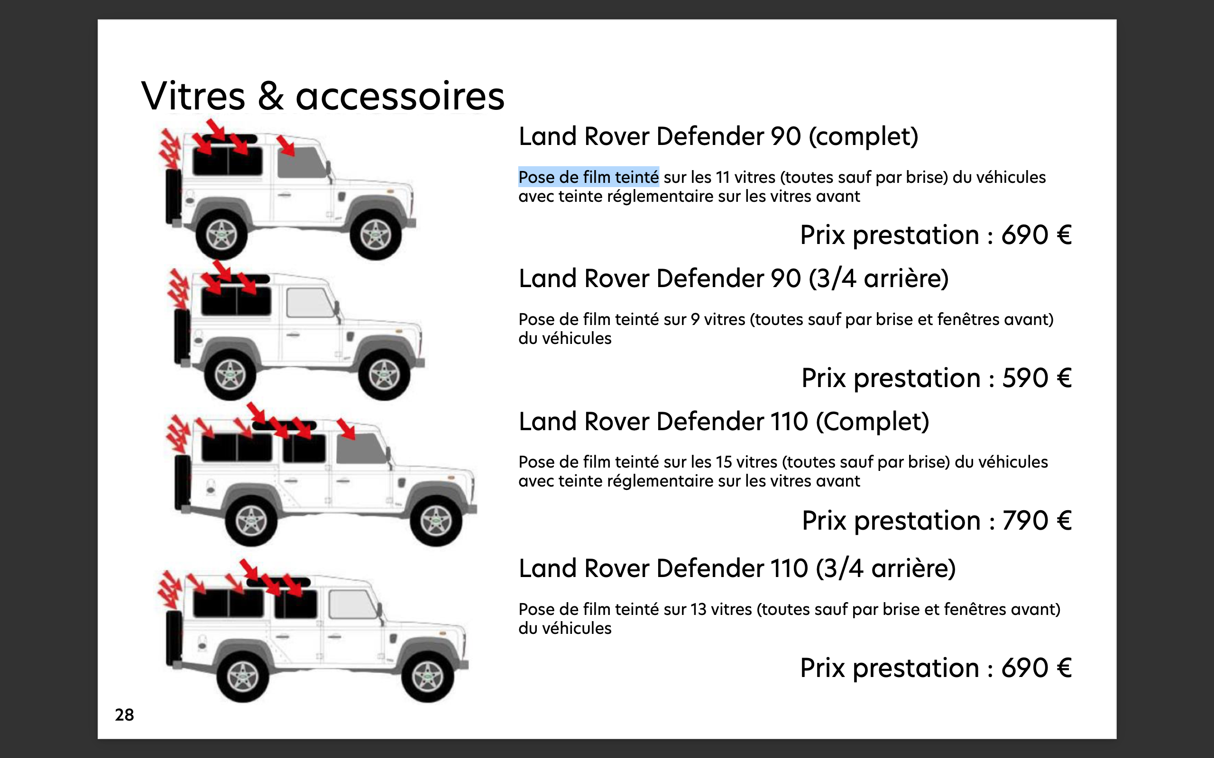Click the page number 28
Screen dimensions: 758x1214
tap(124, 714)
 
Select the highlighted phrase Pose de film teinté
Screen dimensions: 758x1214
tap(588, 177)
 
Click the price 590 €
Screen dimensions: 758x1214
tap(1037, 378)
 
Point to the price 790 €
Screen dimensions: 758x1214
tap(1037, 520)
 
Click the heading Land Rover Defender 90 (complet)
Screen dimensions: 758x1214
tap(718, 136)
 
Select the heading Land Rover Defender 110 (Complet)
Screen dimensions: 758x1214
tap(723, 421)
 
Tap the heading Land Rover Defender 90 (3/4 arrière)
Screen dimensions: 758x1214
tap(733, 279)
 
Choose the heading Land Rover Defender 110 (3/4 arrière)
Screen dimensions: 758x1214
tap(736, 568)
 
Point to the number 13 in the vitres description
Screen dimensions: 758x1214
tap(699, 609)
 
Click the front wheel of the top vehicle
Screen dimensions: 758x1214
tap(375, 235)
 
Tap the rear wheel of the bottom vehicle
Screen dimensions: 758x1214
tap(243, 677)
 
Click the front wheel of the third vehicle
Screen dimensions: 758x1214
tap(435, 522)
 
